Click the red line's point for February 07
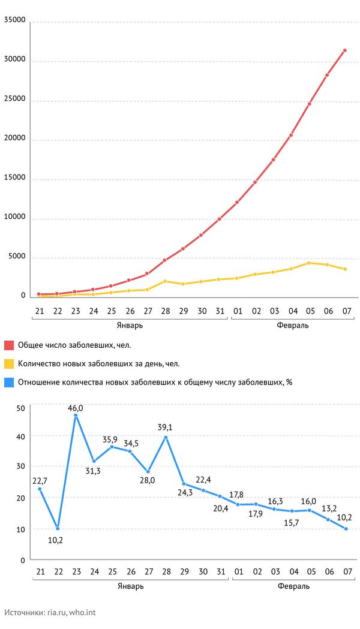pos(345,50)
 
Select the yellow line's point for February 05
pos(309,263)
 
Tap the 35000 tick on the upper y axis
pos(14,20)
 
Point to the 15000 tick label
pos(14,178)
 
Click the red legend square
pos(9,345)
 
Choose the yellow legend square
pos(9,363)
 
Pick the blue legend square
pos(9,381)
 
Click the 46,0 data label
pos(76,408)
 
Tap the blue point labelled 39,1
pos(166,437)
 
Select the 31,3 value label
pos(94,471)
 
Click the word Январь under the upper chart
pos(130,325)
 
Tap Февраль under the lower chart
pos(293,586)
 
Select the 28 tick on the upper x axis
pos(166,311)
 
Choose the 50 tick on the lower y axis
pos(21,408)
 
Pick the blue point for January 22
pos(58,528)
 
